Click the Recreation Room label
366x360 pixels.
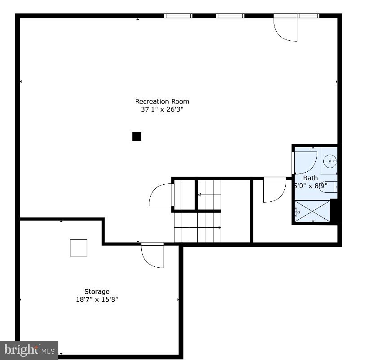tap(162, 101)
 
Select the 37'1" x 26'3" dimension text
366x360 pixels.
tap(162, 109)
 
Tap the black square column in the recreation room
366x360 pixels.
tap(137, 136)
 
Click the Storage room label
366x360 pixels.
tap(97, 291)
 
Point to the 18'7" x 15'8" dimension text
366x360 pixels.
tap(97, 299)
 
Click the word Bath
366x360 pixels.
tap(310, 178)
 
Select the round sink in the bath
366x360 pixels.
tap(330, 160)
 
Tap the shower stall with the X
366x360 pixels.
tap(312, 212)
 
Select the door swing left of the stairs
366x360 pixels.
tap(161, 195)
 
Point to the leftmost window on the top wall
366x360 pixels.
tap(178, 16)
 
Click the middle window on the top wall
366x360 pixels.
tap(230, 16)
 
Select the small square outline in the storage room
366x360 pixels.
tap(78, 248)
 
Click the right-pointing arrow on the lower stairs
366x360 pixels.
tap(218, 228)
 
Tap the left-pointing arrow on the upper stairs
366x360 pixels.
tap(200, 195)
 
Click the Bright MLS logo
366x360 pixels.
tap(29, 349)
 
